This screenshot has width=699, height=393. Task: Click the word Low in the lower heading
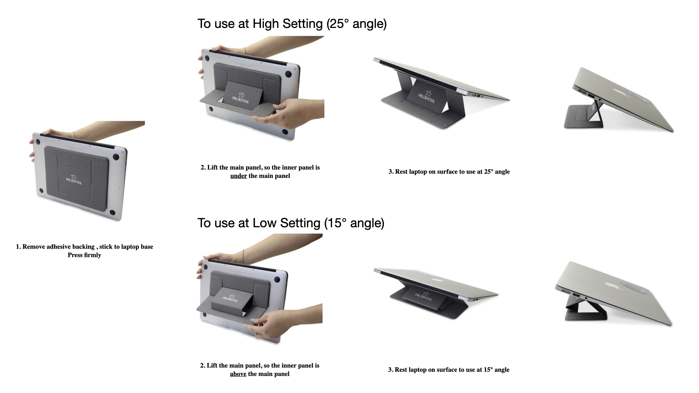point(264,223)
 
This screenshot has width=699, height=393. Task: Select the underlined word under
point(238,176)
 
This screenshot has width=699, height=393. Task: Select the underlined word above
point(238,374)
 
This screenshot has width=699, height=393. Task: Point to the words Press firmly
point(84,255)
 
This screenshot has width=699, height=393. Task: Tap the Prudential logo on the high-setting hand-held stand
point(241,97)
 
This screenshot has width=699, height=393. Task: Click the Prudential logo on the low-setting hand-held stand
point(230,298)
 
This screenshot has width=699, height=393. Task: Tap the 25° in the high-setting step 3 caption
point(489,172)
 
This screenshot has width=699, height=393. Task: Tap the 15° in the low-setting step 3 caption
point(488,370)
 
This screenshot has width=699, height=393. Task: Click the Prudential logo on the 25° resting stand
point(426,96)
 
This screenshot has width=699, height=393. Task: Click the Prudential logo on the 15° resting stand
point(424,296)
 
